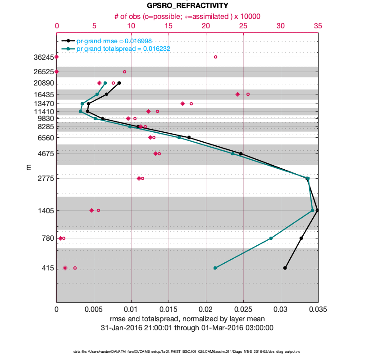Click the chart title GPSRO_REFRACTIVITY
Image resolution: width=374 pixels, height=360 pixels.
click(187, 6)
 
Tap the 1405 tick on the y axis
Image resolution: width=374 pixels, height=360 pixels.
click(44, 211)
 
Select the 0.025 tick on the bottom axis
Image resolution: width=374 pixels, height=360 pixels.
click(243, 310)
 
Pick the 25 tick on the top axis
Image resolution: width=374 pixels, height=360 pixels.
click(243, 26)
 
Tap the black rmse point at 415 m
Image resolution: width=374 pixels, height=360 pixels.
click(285, 268)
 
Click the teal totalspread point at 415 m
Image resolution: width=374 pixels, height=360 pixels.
click(215, 268)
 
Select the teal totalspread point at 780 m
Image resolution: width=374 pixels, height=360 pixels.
click(271, 238)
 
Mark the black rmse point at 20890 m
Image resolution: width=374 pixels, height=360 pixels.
click(119, 83)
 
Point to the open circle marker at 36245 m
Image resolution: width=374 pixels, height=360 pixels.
click(215, 57)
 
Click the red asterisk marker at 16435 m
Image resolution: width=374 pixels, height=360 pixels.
click(237, 94)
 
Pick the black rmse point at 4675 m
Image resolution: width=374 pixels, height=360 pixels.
click(241, 153)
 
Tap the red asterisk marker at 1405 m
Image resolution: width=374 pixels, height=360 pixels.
click(91, 210)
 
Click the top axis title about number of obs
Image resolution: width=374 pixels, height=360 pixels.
click(187, 16)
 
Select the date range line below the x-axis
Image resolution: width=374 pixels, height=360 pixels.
click(187, 328)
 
